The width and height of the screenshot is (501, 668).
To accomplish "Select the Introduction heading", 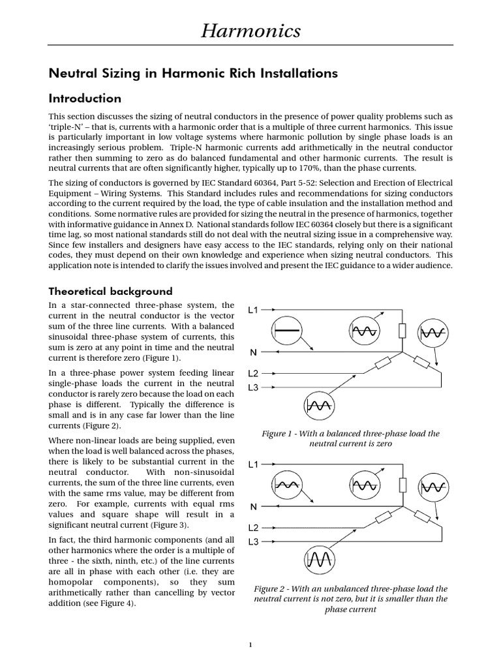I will (x=85, y=99).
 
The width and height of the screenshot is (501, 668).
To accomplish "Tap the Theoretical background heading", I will (x=111, y=291).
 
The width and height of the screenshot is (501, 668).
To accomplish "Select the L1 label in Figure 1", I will (x=253, y=311).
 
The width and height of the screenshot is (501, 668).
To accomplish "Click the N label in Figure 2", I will (x=253, y=506).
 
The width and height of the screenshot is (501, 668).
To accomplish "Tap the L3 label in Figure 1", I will (x=253, y=387).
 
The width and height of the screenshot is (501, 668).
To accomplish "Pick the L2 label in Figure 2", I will (x=253, y=528).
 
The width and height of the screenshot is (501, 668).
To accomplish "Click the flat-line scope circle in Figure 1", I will (x=285, y=331).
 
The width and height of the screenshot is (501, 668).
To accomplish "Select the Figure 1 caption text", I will (x=350, y=438).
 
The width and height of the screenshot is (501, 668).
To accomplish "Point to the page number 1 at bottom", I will (x=250, y=645).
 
